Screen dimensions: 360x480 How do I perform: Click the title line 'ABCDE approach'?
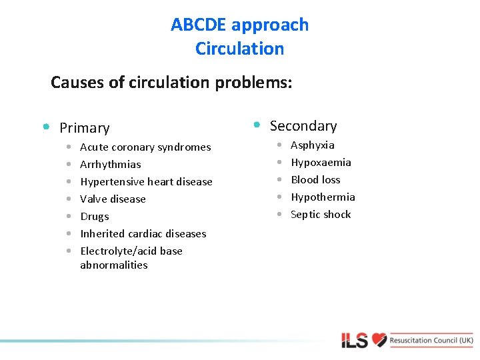point(240,25)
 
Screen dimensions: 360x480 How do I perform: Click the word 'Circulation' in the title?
point(240,49)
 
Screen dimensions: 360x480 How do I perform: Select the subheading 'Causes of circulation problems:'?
point(171,83)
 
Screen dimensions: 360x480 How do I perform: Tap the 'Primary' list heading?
point(84,127)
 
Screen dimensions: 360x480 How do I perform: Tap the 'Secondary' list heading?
point(303,126)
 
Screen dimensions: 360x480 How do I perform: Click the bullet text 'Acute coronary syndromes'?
point(145,147)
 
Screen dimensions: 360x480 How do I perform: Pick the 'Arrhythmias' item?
point(111,165)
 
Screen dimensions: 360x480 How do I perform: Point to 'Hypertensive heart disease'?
point(146,182)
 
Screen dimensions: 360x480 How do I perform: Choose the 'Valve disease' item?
point(113,199)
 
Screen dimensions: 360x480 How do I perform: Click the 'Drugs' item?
point(95,217)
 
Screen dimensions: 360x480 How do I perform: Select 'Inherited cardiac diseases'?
point(143,234)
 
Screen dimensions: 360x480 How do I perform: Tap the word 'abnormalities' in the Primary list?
point(114,265)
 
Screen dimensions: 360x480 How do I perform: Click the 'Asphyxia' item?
point(313,145)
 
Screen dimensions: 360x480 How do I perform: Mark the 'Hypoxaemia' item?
point(321,163)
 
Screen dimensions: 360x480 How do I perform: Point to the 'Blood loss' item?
point(315,180)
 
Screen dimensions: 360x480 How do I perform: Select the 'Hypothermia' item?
point(323,197)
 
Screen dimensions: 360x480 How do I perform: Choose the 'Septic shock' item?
point(321,215)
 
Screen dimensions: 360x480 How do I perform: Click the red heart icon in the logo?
point(379,340)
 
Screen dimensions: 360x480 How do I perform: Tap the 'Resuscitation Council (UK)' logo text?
point(432,340)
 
